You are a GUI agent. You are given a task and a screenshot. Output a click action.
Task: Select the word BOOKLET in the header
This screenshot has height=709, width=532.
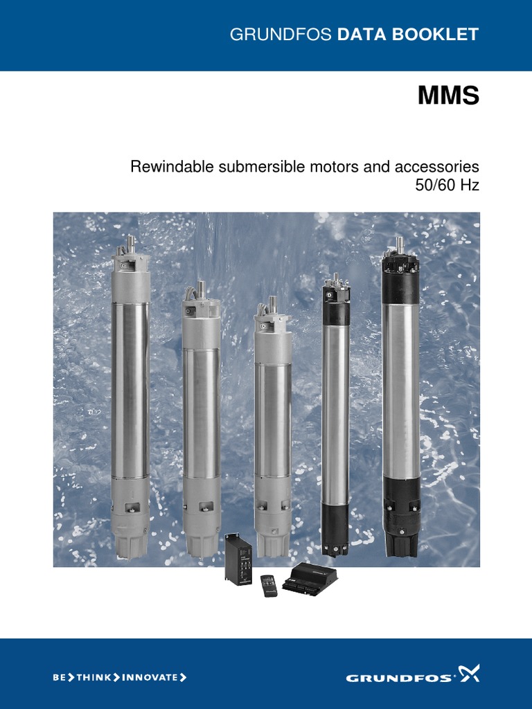coord(445,35)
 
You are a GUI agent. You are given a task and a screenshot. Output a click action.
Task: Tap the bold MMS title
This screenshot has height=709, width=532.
coord(448,96)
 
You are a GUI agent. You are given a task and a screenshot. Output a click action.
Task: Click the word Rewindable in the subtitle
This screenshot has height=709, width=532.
coord(173,167)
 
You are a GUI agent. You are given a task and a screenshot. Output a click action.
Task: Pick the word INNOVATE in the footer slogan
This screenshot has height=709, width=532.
coord(150,677)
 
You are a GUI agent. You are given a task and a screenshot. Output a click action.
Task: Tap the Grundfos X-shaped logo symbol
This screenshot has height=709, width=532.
coord(469,674)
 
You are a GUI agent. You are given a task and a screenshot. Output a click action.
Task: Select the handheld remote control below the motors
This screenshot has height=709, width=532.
coord(269,585)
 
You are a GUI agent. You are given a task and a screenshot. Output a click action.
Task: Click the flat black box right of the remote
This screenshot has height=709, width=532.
coord(312,578)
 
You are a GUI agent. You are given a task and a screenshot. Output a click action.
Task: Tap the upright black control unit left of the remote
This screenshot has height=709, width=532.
coord(236,558)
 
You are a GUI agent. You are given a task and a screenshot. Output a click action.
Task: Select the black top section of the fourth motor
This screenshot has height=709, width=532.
coord(336,305)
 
